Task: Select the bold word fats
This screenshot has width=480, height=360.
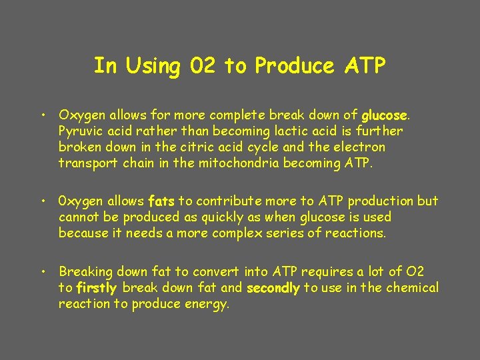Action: coord(161,201)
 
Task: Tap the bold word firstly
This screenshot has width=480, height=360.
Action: coord(97,288)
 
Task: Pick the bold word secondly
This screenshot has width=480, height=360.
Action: coord(273,288)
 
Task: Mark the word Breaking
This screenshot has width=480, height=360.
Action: coord(85,272)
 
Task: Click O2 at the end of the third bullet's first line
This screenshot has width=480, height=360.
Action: coord(415,272)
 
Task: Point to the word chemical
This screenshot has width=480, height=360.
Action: coord(413,288)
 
